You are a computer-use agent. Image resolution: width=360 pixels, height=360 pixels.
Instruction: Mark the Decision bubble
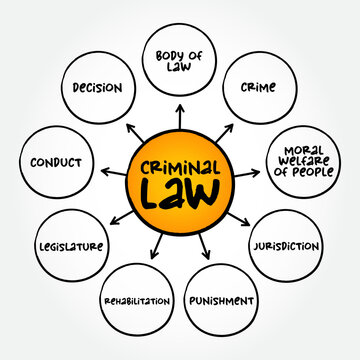click(97, 87)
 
